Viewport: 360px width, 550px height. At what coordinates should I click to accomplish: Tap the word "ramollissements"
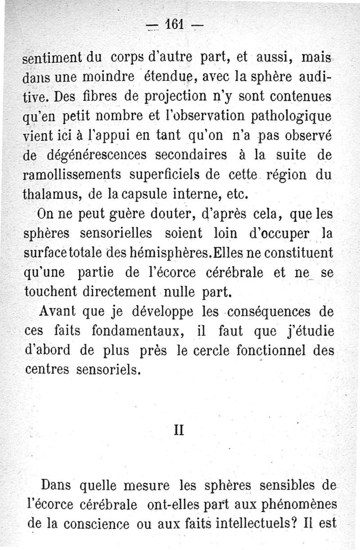click(74, 176)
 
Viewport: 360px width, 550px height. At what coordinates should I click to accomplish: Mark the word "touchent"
click(53, 292)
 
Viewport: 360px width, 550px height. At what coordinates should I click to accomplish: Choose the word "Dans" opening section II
click(57, 486)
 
